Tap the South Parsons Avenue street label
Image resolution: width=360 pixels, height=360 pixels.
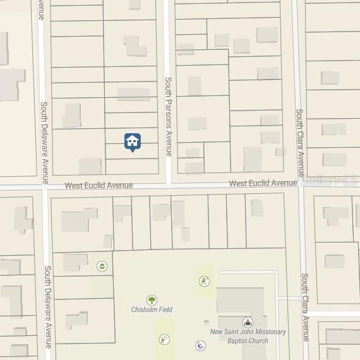[x=169, y=116]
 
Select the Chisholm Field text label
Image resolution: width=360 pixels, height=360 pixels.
[x=152, y=309]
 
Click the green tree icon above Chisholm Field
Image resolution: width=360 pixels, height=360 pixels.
[x=152, y=299]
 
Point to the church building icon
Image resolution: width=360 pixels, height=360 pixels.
[x=247, y=322]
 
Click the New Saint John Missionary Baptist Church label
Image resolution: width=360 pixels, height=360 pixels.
[x=248, y=336]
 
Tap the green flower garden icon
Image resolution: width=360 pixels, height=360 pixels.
[x=101, y=267]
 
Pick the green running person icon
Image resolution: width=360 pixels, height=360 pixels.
[x=203, y=281]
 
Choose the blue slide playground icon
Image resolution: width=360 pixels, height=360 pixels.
[x=200, y=345]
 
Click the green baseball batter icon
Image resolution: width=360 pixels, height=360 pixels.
[x=164, y=339]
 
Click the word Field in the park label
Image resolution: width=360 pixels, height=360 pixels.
[x=165, y=309]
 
